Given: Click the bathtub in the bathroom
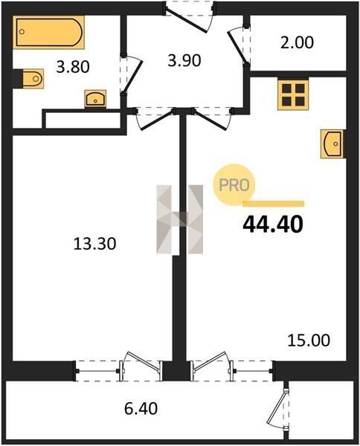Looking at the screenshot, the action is point(48,32).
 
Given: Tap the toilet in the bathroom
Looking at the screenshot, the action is point(33,79).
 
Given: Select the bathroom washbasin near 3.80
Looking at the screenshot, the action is point(95,99).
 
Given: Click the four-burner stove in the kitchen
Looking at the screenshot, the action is point(293,94).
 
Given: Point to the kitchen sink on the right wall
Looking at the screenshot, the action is point(332,143).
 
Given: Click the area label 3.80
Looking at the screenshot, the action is point(73,68).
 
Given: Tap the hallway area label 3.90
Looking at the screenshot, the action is point(184,61).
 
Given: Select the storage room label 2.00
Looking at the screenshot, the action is point(297,42).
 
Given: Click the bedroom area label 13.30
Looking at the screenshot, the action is point(94,244).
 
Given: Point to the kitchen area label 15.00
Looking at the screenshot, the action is point(309,340).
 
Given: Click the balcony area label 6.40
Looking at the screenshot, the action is point(141,409).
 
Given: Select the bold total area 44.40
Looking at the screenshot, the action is point(273,224).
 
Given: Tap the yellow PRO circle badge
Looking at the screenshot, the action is point(234,185).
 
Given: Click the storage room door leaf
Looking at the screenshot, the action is point(237,46).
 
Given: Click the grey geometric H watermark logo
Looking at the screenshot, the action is point(179,219).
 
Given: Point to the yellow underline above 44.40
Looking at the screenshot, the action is point(273,204).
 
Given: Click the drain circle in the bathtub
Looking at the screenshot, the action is point(22,32).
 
